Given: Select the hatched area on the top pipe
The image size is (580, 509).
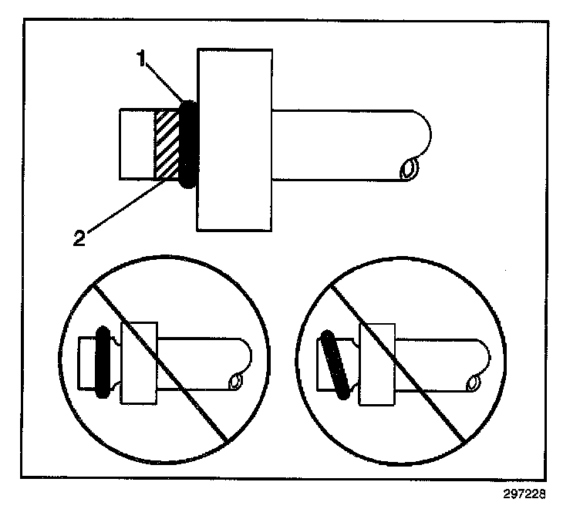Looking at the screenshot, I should (x=167, y=145).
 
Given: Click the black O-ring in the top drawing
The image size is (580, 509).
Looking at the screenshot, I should (x=187, y=145).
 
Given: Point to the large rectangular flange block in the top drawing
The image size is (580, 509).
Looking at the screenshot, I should (x=234, y=139).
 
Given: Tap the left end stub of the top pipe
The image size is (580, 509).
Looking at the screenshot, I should (x=137, y=145).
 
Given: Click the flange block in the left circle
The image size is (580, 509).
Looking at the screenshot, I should (x=140, y=361).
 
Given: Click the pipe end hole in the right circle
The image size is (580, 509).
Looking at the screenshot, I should (x=472, y=380).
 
